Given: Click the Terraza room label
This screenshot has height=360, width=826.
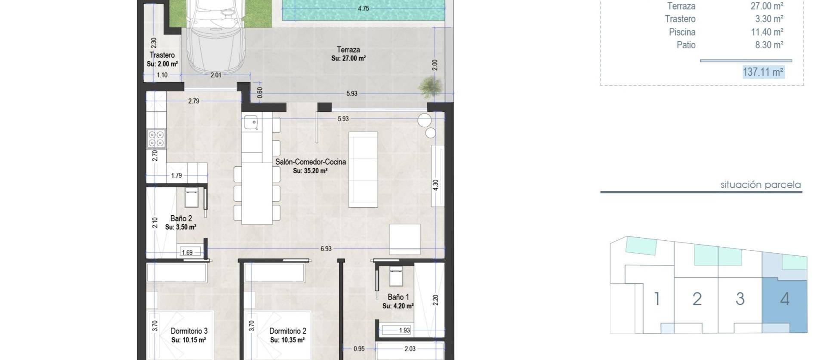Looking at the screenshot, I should click(x=348, y=50).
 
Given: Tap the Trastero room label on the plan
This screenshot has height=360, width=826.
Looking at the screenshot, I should click(x=162, y=55).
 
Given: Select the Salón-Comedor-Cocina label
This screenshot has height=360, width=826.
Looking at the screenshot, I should click(x=311, y=162).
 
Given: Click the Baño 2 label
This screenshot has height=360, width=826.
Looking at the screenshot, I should click(x=181, y=218).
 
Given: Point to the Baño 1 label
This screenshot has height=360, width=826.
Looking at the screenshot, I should click(x=398, y=297).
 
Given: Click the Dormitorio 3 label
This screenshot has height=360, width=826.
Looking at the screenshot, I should click(x=189, y=331).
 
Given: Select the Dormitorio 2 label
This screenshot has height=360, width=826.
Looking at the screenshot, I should click(x=288, y=331).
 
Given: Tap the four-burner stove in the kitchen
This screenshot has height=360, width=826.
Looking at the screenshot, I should click(x=156, y=138).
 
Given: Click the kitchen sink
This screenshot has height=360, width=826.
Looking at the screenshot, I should click(x=251, y=123).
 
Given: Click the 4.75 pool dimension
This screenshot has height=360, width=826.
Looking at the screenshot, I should click(x=364, y=8).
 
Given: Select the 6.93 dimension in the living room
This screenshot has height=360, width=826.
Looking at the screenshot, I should click(x=326, y=249).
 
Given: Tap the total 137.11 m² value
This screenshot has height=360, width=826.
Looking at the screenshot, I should click(x=763, y=72).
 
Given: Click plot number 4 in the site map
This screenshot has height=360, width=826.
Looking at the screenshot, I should click(x=785, y=299).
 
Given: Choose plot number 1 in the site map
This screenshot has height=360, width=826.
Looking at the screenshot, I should click(x=656, y=298).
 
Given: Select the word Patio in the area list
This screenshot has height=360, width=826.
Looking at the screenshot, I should click(x=686, y=45).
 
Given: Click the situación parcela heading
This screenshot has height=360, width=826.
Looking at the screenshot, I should click(x=760, y=185).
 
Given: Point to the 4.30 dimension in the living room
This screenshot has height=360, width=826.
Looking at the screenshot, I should click(x=435, y=185).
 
